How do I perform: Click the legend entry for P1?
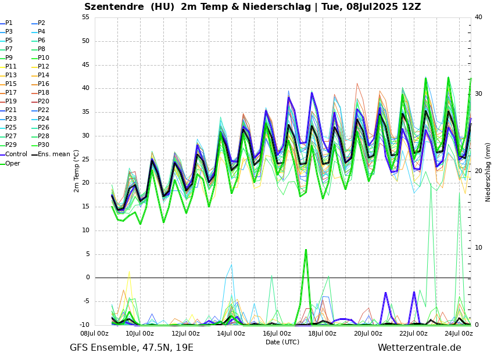coord(9,23)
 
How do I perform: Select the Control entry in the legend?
coord(16,154)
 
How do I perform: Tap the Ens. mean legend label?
coord(54,154)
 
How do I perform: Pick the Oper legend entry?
coord(13,163)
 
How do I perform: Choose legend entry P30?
coord(44,145)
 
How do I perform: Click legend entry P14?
coord(44,75)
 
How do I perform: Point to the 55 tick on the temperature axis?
coord(85,17)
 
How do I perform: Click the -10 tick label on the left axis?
coord(84,325)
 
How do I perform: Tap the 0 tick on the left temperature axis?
coord(87,278)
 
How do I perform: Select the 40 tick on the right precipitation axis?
coord(478,17)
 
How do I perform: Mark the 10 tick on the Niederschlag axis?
coord(478,248)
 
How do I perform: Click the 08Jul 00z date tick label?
coord(94,333)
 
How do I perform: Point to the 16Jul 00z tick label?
coord(277,333)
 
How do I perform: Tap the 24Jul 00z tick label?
coord(459,333)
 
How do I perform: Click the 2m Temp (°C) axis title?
coord(76,171)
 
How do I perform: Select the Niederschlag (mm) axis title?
coord(488,172)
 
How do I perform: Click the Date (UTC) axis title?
coord(282,342)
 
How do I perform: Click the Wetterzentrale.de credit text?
coord(419,348)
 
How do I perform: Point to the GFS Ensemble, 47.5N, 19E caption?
coord(131,348)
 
